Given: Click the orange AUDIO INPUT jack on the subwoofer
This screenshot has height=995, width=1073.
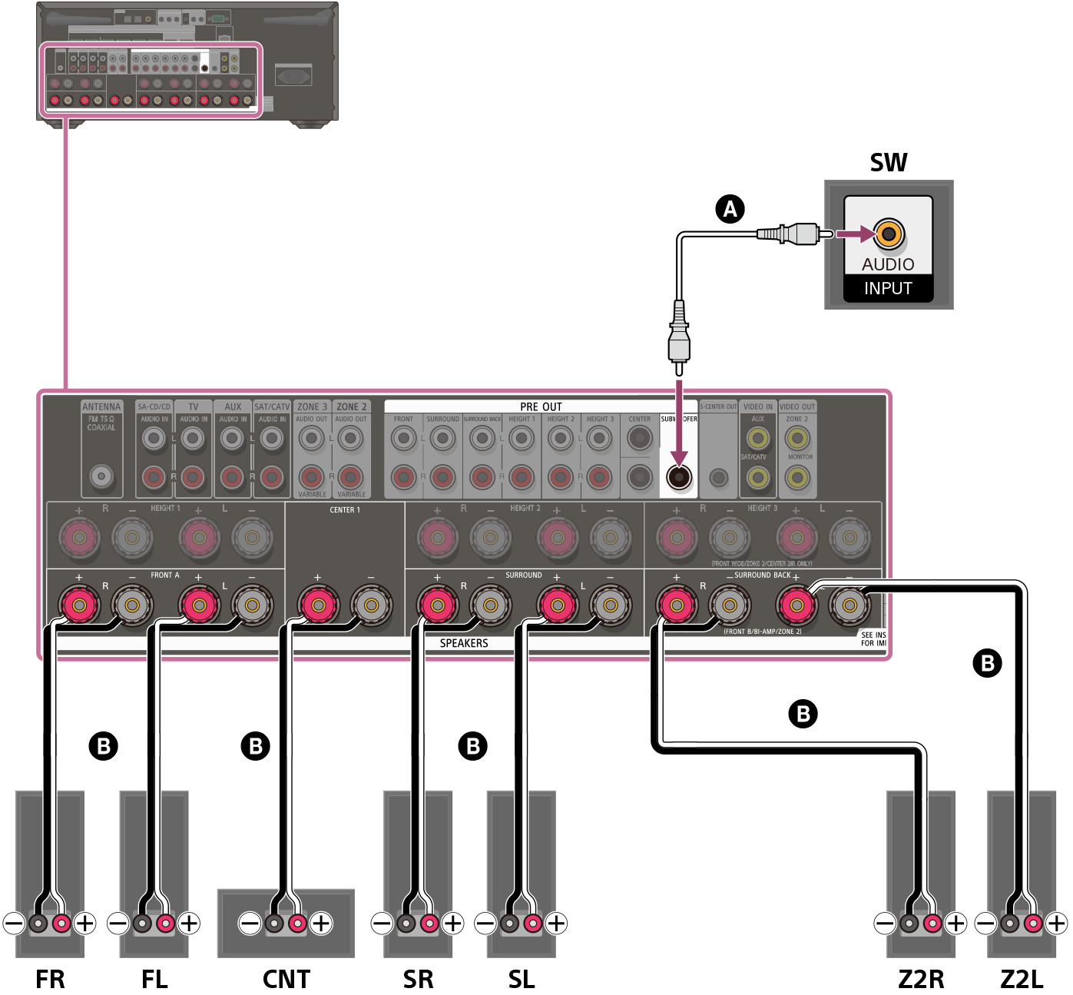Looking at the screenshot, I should point(889,234).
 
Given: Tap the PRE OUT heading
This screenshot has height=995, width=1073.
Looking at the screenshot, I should point(541,406).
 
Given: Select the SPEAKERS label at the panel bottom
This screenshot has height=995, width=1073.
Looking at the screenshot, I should point(464,643).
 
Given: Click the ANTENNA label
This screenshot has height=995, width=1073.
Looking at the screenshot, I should point(101,406).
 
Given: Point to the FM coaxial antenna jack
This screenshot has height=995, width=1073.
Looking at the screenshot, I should point(101,476).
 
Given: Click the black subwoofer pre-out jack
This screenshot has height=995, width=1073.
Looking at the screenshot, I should point(679,477).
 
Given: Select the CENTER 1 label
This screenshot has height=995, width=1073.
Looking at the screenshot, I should point(344,510).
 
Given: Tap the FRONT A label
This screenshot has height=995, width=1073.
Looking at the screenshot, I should point(164,575).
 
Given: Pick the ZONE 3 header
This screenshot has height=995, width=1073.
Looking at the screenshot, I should point(312,406).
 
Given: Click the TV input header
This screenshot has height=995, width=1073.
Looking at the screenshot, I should point(194,406).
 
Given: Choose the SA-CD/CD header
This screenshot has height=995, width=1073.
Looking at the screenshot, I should point(154,406).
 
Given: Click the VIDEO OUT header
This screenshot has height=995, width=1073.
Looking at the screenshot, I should point(797,406).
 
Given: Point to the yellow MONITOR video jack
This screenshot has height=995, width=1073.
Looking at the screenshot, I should point(797,478).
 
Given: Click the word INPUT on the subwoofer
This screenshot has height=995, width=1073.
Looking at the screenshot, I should point(888,289).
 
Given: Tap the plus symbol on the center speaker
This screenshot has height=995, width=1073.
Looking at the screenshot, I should point(321,923).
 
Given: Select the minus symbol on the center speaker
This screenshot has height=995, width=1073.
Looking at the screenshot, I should point(250,923).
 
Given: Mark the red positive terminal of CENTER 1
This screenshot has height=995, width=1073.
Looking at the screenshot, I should point(317,605).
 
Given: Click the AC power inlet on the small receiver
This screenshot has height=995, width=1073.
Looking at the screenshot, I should point(293,75).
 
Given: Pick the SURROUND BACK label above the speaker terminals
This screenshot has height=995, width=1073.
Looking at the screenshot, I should point(762,575).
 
